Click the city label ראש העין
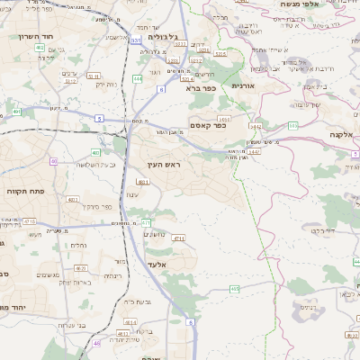click(x=164, y=165)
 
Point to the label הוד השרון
click(x=36, y=37)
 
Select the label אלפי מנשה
click(x=301, y=4)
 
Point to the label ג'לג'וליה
click(x=159, y=38)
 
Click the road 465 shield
click(x=234, y=289)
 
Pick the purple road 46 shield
click(x=96, y=342)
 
